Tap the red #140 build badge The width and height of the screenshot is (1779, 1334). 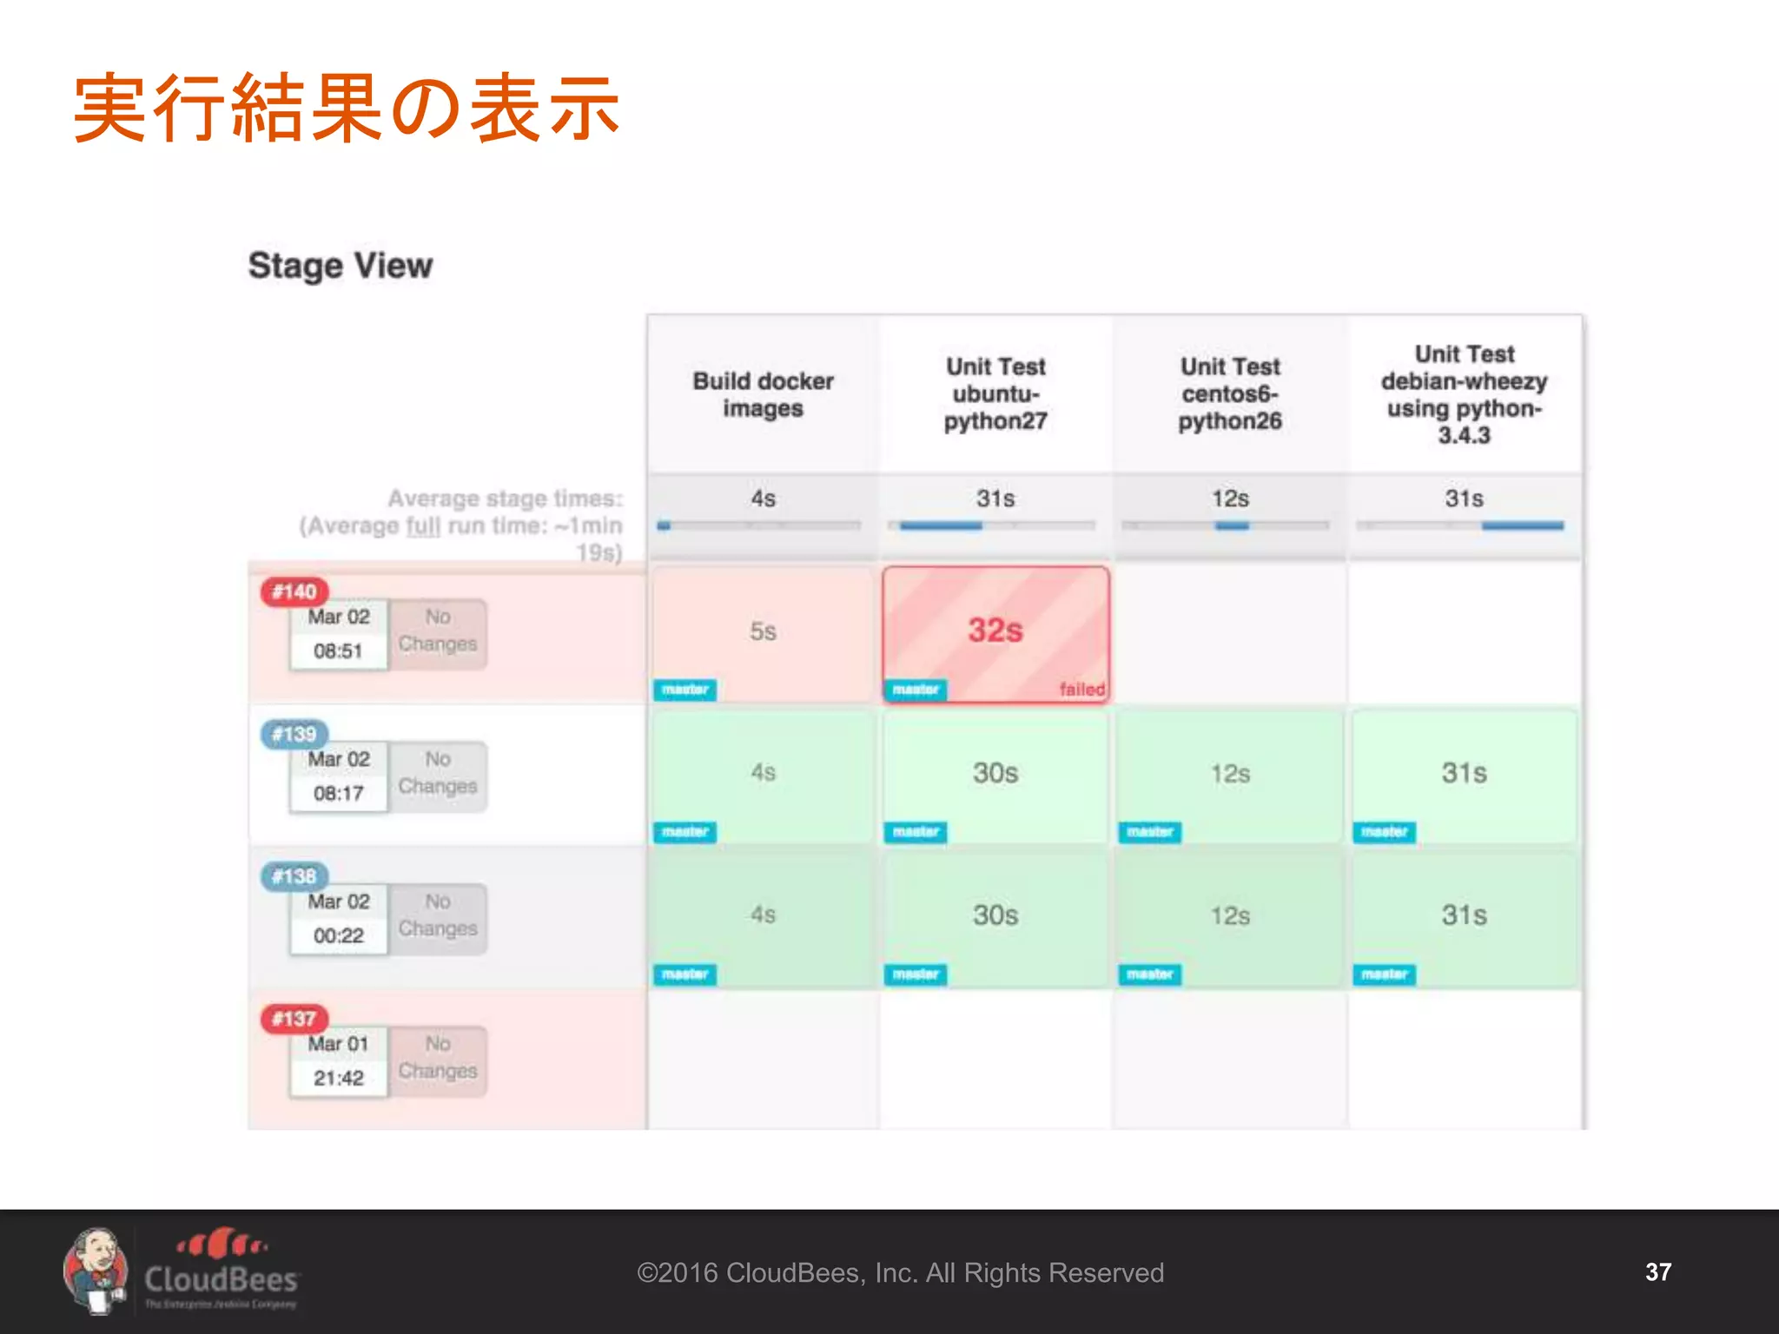tap(294, 592)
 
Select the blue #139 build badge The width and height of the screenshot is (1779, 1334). tap(294, 735)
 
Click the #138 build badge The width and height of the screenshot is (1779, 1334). tap(294, 876)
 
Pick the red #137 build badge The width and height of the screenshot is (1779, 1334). tap(294, 1019)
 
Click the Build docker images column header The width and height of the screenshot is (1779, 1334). tap(763, 394)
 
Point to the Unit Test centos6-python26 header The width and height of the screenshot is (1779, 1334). tap(1230, 394)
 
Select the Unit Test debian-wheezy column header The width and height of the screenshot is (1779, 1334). tap(1464, 394)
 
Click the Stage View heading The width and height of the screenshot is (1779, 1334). tap(340, 266)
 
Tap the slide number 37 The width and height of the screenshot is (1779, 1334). tap(1657, 1272)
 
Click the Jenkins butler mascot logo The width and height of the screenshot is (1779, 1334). tap(96, 1271)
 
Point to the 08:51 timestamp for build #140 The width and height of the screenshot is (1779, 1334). tap(338, 650)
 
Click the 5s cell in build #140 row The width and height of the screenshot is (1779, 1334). tap(763, 631)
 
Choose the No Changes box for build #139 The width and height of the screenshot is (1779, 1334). tap(438, 773)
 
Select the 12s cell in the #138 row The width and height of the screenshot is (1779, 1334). tap(1230, 915)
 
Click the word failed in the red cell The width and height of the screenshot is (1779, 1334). tap(1081, 690)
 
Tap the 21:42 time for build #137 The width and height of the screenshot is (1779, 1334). tap(338, 1078)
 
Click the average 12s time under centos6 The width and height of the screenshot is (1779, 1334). tap(1230, 499)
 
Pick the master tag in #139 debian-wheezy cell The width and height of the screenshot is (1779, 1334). tap(1384, 832)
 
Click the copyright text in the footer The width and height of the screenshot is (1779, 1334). tap(900, 1272)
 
